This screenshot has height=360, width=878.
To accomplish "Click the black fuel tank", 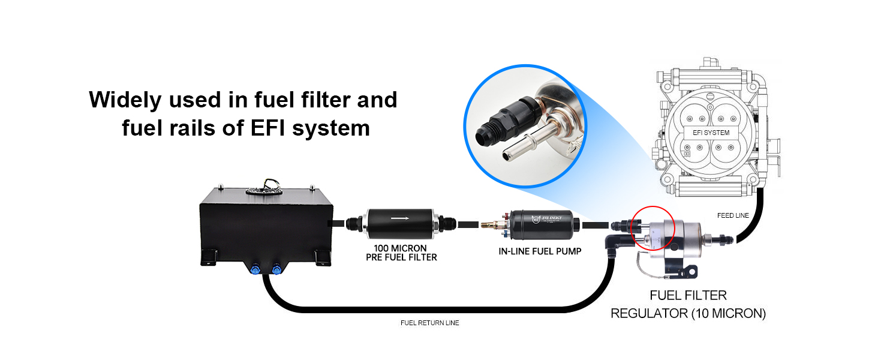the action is [x=264, y=225].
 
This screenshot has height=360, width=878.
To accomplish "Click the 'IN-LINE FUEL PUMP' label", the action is [x=540, y=251].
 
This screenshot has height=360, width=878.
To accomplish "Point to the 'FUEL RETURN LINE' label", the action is [x=429, y=323].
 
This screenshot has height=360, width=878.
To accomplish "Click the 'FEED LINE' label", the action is [x=733, y=215].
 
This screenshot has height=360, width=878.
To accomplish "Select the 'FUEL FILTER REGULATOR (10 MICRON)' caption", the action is [x=688, y=304].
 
